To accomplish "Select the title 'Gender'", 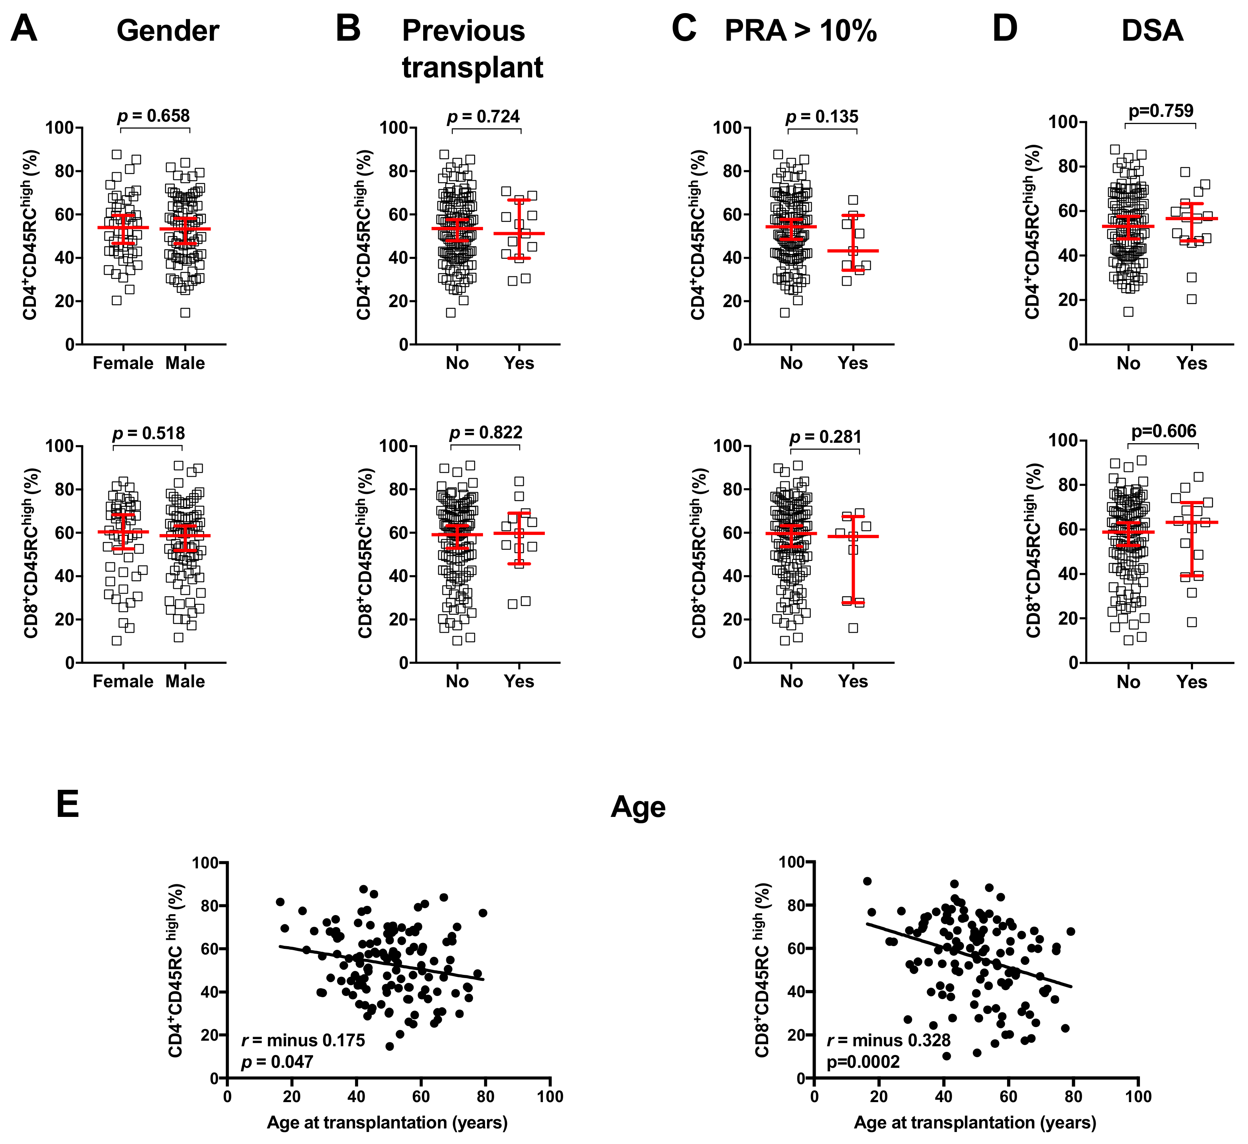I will pos(168,31).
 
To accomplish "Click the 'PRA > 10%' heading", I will pos(800,31).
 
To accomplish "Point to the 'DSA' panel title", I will pos(1152,31).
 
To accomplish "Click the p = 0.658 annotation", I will pos(154,116).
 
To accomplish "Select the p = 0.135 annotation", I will pos(822,116).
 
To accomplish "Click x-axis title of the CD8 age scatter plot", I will pos(975,1122).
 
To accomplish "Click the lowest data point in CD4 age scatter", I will pos(389,1047).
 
